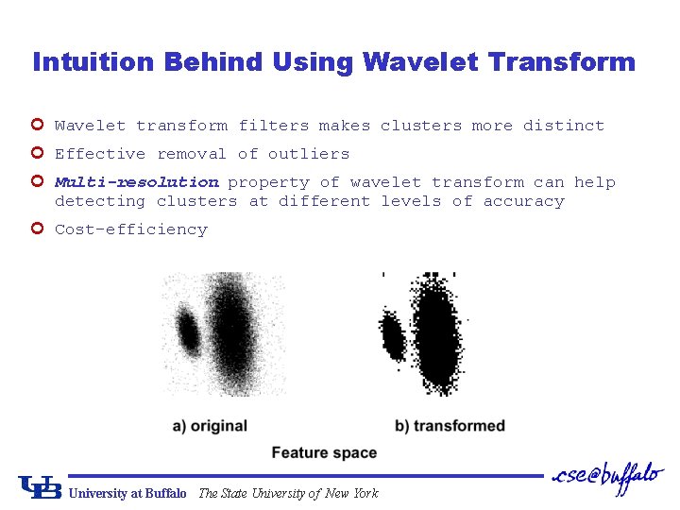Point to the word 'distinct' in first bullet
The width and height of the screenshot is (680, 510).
click(x=563, y=126)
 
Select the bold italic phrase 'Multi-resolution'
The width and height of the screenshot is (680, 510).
click(x=136, y=182)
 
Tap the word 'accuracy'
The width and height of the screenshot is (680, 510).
click(x=523, y=201)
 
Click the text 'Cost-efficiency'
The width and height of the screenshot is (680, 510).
click(x=130, y=229)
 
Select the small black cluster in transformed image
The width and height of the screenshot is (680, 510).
click(x=391, y=334)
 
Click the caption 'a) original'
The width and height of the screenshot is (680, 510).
click(x=210, y=426)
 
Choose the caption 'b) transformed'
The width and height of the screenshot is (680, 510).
click(x=450, y=426)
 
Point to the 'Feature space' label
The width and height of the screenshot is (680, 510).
click(x=324, y=453)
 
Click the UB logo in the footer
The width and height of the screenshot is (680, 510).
click(x=40, y=487)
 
